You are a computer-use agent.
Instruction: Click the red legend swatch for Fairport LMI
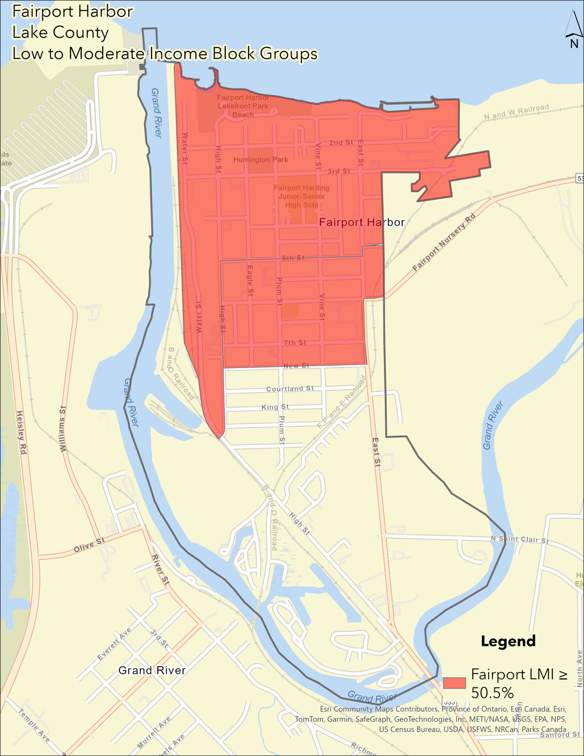pos(454,683)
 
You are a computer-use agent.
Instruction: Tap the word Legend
pos(508,641)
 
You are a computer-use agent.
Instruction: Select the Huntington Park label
pos(260,159)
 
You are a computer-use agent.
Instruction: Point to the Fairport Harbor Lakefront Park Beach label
pos(243,106)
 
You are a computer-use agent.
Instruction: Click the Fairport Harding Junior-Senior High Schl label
pos(301,196)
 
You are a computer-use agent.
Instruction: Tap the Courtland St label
pos(290,389)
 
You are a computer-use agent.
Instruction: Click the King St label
pos(275,407)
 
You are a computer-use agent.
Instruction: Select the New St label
pos(296,366)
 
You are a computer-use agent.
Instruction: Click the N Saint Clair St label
pos(519,539)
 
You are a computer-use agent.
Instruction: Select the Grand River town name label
pos(152,670)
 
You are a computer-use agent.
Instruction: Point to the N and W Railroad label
pos(516,112)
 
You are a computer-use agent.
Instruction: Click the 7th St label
pos(295,342)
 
